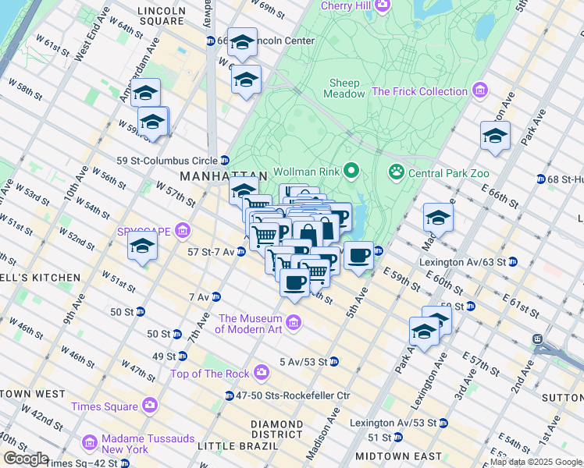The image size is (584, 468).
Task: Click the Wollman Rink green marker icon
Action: tap(352, 170)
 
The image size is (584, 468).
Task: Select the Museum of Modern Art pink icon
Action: tap(294, 322)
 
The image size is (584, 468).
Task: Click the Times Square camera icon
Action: tap(149, 406)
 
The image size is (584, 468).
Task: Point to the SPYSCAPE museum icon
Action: tap(183, 231)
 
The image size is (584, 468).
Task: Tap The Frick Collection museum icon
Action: tap(479, 91)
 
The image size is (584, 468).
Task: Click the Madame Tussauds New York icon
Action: tap(90, 443)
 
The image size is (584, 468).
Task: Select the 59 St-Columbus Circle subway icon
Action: tap(224, 160)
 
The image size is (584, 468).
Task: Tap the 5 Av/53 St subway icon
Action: tap(333, 361)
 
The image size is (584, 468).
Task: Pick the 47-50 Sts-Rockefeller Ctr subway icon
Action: tap(230, 395)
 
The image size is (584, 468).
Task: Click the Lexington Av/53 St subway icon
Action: tap(443, 423)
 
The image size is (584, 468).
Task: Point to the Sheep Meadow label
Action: tap(344, 88)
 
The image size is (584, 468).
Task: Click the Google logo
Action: tap(26, 459)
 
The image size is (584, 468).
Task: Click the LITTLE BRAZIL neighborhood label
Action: tap(237, 445)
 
